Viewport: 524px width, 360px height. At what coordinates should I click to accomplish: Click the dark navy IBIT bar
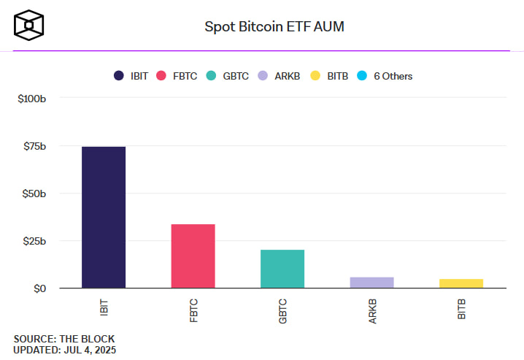coord(103,218)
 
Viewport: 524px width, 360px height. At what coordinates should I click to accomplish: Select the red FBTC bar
coord(193,256)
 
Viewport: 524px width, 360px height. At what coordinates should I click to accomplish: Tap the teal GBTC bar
coord(282,269)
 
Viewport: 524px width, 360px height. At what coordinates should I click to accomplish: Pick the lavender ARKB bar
coord(371,283)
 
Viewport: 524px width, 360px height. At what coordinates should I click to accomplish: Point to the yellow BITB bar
coord(461,283)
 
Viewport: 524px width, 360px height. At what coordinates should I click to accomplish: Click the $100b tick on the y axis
coord(32,98)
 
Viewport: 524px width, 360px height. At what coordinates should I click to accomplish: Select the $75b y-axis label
coord(34,146)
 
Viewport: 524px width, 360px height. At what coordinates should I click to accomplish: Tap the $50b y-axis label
coord(34,194)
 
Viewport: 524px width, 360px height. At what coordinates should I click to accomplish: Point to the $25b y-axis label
coord(34,241)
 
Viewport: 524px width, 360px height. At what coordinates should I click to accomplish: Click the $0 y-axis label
coord(39,288)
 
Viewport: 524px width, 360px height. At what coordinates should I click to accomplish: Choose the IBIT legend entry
coord(131,76)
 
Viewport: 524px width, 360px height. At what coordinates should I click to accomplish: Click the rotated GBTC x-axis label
coord(282,308)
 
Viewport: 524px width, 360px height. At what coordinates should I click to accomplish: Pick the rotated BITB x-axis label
coord(461,307)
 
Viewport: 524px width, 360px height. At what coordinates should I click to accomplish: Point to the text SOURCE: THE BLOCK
coord(64,339)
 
